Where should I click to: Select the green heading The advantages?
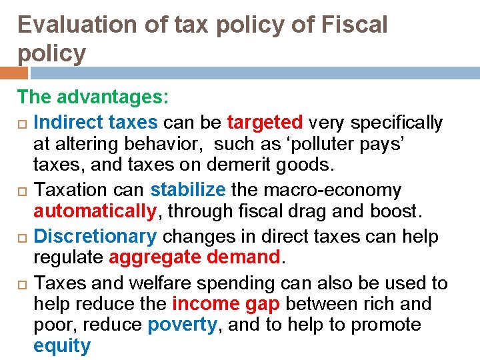pos(94,97)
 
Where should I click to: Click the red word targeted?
pos(265,123)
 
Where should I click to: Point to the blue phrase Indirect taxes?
pos(95,123)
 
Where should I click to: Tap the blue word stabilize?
pos(188,190)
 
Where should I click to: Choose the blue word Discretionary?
pos(95,237)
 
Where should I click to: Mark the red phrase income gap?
pos(217,304)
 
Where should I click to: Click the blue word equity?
pos(62,346)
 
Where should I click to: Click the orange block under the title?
pos(14,73)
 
